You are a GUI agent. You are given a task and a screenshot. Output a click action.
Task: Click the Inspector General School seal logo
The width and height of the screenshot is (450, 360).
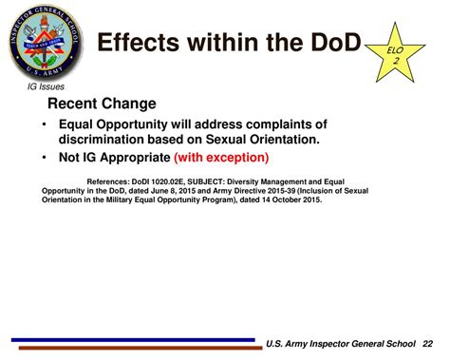44,42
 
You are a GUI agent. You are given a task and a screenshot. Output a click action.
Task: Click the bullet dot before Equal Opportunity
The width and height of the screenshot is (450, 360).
44,124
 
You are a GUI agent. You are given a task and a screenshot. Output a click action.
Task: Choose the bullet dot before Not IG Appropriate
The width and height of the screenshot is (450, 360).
44,157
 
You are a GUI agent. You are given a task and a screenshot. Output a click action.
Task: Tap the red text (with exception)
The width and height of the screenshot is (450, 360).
221,157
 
